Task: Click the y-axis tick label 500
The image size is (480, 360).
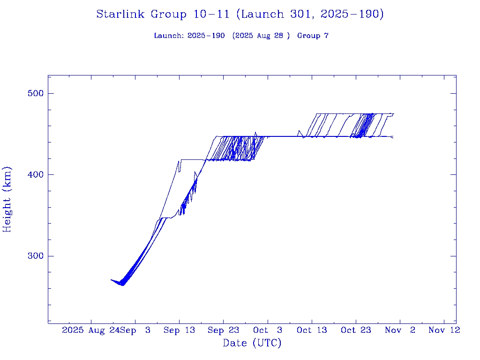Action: pyautogui.click(x=35, y=93)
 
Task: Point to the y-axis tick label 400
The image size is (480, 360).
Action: pyautogui.click(x=35, y=175)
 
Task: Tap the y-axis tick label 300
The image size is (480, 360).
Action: pyautogui.click(x=35, y=256)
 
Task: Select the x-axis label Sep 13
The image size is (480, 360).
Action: pyautogui.click(x=179, y=330)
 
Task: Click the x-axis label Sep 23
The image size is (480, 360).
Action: pyautogui.click(x=223, y=330)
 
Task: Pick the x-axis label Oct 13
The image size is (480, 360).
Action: pyautogui.click(x=312, y=330)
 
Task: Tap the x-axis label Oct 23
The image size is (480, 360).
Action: pyautogui.click(x=356, y=330)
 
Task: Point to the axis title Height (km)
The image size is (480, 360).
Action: pyautogui.click(x=7, y=199)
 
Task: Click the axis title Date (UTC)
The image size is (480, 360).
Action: pyautogui.click(x=252, y=344)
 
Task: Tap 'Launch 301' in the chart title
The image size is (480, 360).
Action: pyautogui.click(x=278, y=15)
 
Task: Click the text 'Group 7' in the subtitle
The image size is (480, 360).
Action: pyautogui.click(x=313, y=36)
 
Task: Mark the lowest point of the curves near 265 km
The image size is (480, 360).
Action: pyautogui.click(x=122, y=285)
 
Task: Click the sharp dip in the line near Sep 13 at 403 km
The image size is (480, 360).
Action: pyautogui.click(x=179, y=172)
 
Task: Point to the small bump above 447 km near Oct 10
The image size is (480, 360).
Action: pyautogui.click(x=299, y=131)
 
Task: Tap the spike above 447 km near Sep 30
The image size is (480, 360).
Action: pyautogui.click(x=255, y=132)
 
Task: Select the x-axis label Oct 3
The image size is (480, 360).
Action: pyautogui.click(x=267, y=330)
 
